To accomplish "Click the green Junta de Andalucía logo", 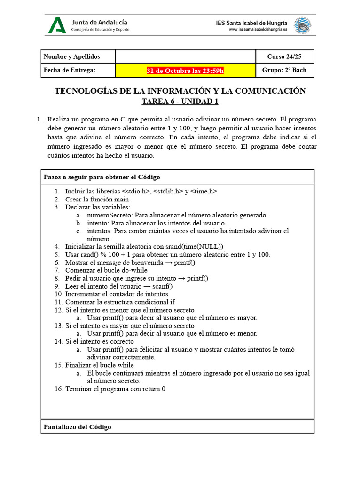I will [x=57, y=25].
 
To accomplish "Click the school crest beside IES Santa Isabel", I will [x=302, y=25].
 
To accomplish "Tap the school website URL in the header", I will [x=258, y=30].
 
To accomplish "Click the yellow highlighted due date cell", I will [x=185, y=71].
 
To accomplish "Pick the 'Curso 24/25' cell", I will [x=284, y=56].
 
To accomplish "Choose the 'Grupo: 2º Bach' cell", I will [x=284, y=70].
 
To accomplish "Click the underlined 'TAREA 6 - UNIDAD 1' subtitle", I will [x=180, y=101].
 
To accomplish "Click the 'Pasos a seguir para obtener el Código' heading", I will [x=102, y=177].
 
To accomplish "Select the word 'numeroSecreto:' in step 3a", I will [x=109, y=215].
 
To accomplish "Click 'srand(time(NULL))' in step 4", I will [x=195, y=246].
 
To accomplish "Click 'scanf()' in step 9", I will [x=163, y=286].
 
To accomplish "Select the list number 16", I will [x=58, y=389].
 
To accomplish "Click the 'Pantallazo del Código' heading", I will [x=78, y=427].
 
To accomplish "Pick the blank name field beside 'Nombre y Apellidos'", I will [x=185, y=56].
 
